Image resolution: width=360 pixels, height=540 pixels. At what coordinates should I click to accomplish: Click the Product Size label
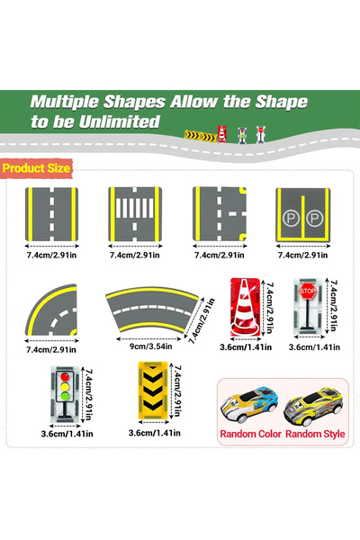point(36,168)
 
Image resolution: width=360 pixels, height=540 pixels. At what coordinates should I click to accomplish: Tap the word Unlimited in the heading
point(120,121)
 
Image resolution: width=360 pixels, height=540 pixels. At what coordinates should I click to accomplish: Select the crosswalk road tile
point(135,214)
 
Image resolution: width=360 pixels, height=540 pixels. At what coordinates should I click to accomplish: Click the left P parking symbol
point(291,218)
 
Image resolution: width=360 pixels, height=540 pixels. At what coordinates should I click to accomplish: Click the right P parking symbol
point(314,218)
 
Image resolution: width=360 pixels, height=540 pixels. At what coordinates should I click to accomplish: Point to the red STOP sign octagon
point(307,291)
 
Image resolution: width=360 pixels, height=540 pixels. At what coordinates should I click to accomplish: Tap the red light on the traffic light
point(65,377)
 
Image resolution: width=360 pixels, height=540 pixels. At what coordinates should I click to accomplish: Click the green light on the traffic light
point(65,396)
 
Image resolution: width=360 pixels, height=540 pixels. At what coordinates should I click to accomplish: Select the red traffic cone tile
point(245,307)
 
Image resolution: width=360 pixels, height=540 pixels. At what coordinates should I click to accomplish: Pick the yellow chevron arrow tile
point(153,391)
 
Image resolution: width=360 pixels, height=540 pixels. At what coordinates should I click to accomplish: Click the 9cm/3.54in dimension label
point(151,346)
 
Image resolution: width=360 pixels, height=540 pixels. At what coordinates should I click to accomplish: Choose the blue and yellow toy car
point(249,404)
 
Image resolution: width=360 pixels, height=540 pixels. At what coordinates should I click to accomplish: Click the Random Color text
point(250,434)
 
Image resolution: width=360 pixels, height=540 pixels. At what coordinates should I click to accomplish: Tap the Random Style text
point(315,434)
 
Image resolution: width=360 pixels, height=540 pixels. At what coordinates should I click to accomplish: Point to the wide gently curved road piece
point(152,308)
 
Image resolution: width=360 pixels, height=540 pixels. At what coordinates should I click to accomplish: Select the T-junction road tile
point(220,214)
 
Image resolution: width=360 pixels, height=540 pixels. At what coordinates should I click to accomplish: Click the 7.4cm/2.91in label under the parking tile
point(302,256)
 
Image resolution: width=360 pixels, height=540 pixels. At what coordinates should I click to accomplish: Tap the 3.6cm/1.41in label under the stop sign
point(314,347)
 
